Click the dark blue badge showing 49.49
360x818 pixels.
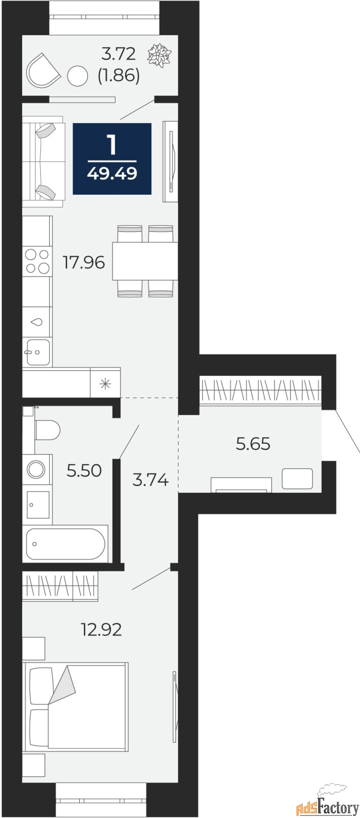coord(112,158)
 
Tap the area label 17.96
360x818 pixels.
coord(83,263)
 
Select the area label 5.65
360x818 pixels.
coord(253,444)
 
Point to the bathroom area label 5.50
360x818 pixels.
coord(84,470)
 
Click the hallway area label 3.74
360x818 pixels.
coord(150,480)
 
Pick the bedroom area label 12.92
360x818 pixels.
coord(101,629)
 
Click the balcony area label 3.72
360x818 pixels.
coord(119,53)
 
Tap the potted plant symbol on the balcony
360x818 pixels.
coord(160,55)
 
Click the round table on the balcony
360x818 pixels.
coord(78,77)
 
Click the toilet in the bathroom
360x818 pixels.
coord(48,429)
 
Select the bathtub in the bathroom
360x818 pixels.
coord(65,544)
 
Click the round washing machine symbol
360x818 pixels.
coord(37,468)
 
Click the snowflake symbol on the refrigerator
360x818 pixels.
coord(105,383)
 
